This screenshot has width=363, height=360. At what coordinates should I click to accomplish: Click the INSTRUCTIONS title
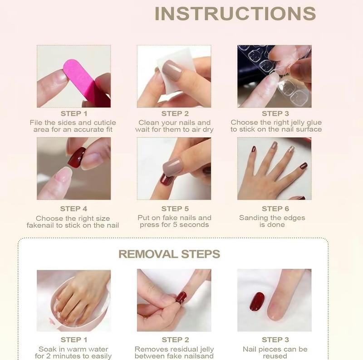tap(235, 14)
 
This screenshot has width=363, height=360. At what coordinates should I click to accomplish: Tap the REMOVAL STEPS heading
tap(169, 254)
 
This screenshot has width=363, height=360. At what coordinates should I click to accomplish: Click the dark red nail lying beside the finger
tap(257, 301)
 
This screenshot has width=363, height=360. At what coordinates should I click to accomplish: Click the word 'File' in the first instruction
tap(37, 123)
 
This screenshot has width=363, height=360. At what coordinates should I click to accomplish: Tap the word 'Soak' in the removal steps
tap(47, 349)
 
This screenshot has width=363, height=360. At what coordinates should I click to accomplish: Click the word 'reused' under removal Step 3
tap(275, 356)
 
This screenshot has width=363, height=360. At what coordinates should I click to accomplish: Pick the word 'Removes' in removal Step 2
tap(150, 349)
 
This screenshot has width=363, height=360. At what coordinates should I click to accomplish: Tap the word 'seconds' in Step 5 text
tap(194, 224)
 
